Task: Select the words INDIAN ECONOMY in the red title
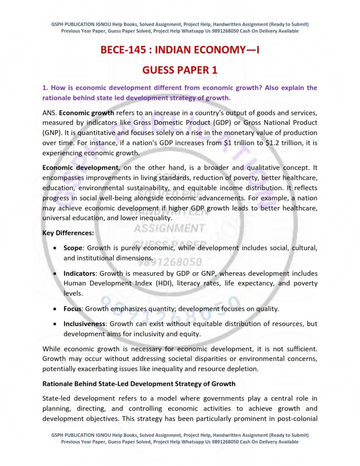point(198,50)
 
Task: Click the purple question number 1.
point(45,88)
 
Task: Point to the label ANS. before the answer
point(50,113)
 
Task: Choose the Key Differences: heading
point(68,233)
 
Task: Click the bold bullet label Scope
point(73,248)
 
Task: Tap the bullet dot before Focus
point(54,309)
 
